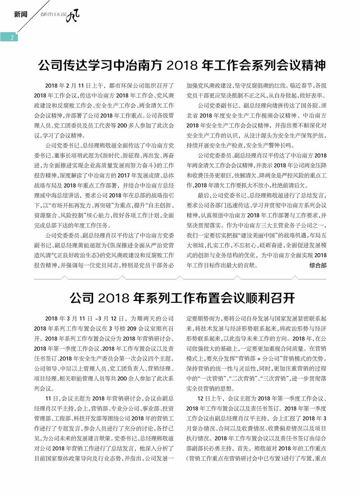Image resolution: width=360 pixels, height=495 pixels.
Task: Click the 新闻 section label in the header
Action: (21, 14)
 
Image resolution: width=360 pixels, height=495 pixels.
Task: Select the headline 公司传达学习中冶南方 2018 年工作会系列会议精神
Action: (181, 65)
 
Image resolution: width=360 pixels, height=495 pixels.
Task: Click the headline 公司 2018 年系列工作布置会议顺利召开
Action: (182, 297)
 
